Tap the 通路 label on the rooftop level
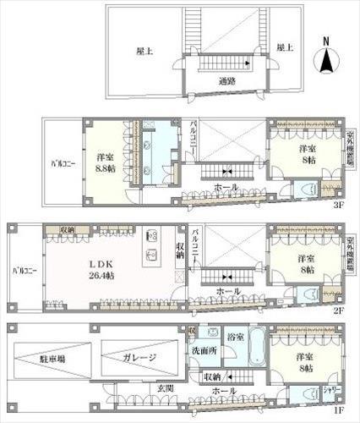pyautogui.click(x=226, y=82)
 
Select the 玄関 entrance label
pyautogui.click(x=164, y=388)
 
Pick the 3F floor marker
pyautogui.click(x=338, y=205)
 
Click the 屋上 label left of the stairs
pyautogui.click(x=145, y=51)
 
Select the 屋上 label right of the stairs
pyautogui.click(x=285, y=48)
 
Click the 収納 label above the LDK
pyautogui.click(x=68, y=229)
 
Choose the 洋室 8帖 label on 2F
pyautogui.click(x=304, y=264)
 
